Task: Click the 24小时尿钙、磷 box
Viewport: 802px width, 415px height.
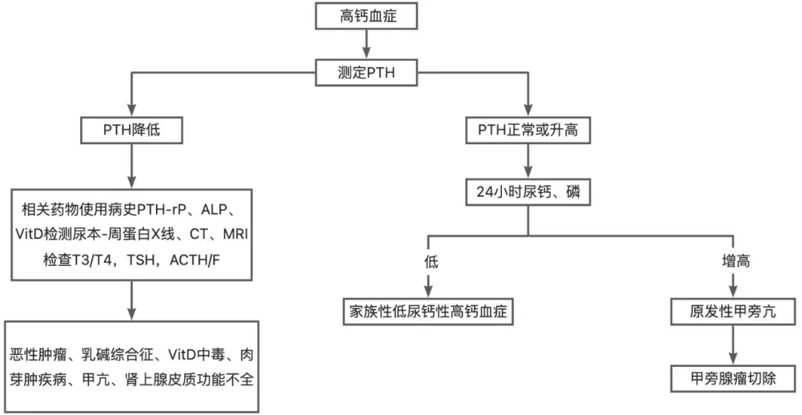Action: click(x=527, y=193)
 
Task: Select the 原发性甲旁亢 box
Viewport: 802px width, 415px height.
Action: click(x=734, y=311)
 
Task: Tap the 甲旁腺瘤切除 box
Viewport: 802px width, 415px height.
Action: click(x=734, y=378)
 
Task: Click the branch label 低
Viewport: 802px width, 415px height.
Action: click(x=428, y=263)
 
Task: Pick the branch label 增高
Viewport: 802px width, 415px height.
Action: click(x=734, y=263)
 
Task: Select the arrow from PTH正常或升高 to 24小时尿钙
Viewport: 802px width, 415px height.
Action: click(x=527, y=161)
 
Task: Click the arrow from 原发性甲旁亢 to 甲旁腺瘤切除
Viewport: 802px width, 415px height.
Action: click(x=734, y=344)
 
